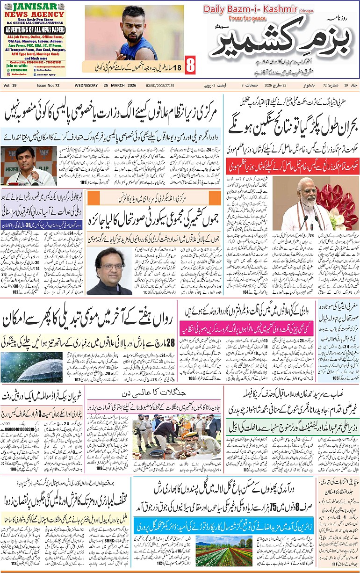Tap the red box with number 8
[190, 65]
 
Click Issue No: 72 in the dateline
[49, 85]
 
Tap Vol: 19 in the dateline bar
[10, 85]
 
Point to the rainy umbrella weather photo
[32, 367]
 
